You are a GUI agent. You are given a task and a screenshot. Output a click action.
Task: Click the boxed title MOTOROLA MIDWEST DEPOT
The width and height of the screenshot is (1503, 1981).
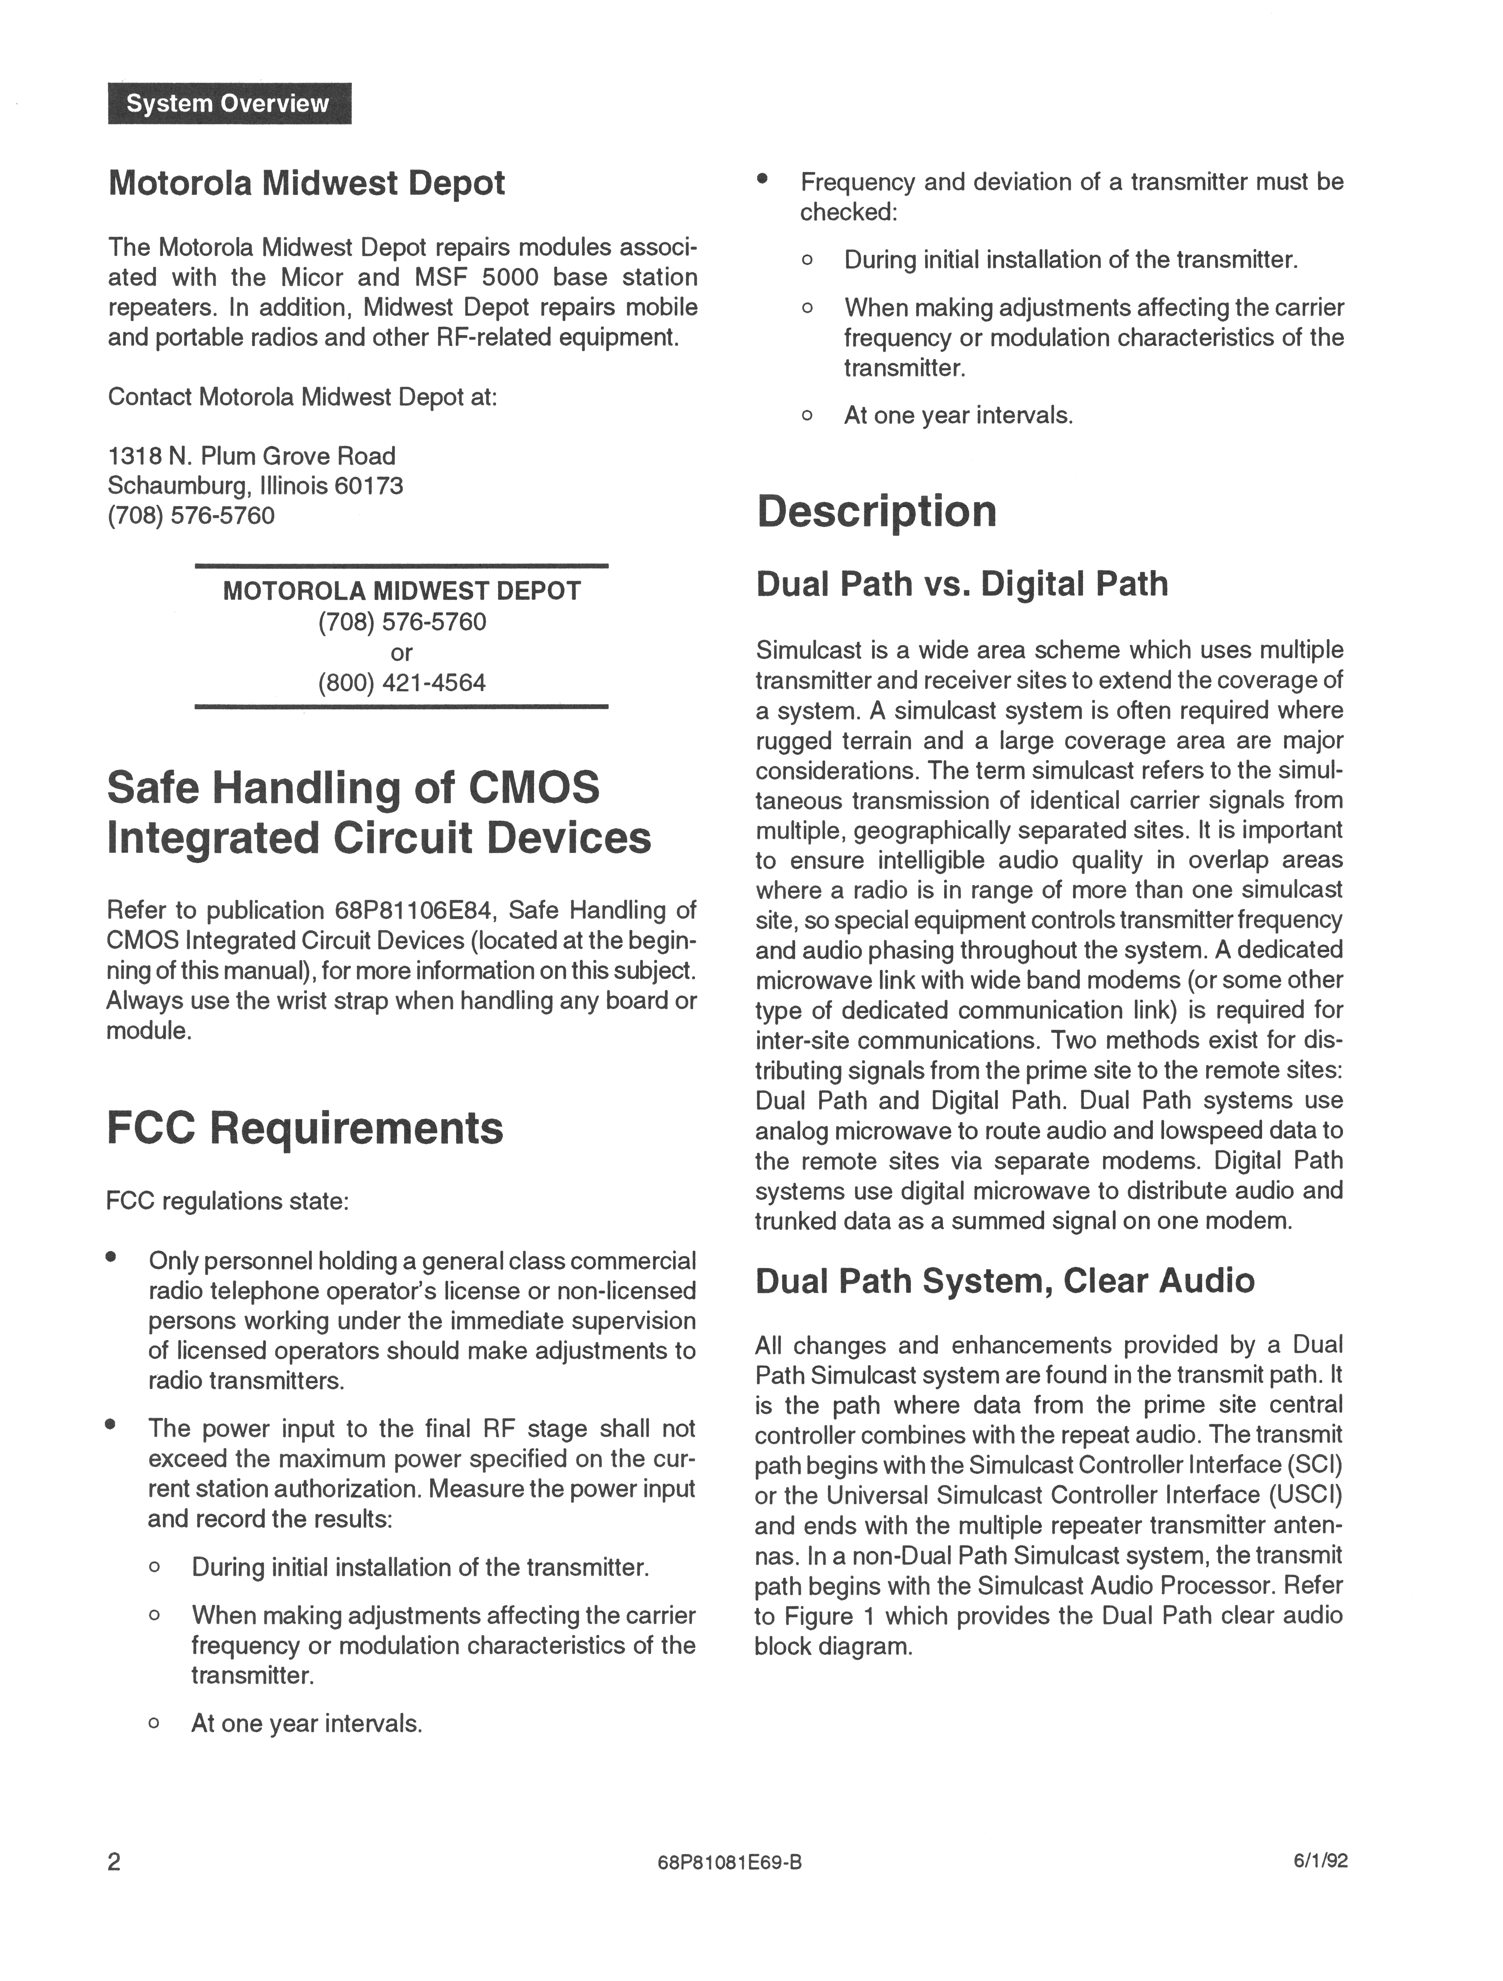pos(401,591)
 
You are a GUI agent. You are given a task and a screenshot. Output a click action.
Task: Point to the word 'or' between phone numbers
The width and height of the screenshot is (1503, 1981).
pos(401,652)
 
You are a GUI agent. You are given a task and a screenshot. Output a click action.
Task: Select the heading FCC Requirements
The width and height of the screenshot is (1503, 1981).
pos(305,1127)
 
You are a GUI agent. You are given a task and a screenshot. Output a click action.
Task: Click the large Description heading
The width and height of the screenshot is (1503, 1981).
pos(876,511)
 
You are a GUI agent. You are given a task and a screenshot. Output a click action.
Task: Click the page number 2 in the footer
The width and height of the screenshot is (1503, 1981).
pos(114,1862)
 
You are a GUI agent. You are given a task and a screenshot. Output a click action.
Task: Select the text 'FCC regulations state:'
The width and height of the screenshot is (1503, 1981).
pos(227,1201)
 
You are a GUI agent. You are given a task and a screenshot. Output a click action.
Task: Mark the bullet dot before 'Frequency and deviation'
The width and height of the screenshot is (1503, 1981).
pos(762,178)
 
